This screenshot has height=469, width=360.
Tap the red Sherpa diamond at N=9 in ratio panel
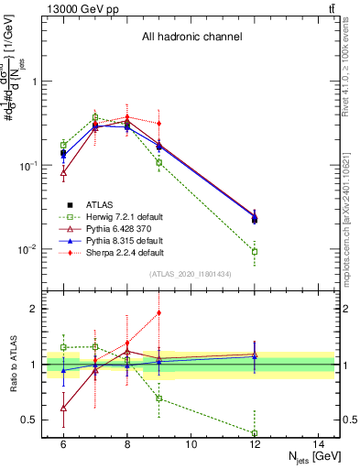click(x=159, y=312)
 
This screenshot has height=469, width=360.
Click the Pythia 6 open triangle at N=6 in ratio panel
click(x=63, y=408)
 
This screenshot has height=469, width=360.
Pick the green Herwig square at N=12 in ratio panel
click(x=255, y=433)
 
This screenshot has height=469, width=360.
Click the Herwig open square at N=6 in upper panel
click(x=63, y=145)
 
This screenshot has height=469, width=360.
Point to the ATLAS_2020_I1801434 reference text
click(x=191, y=274)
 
